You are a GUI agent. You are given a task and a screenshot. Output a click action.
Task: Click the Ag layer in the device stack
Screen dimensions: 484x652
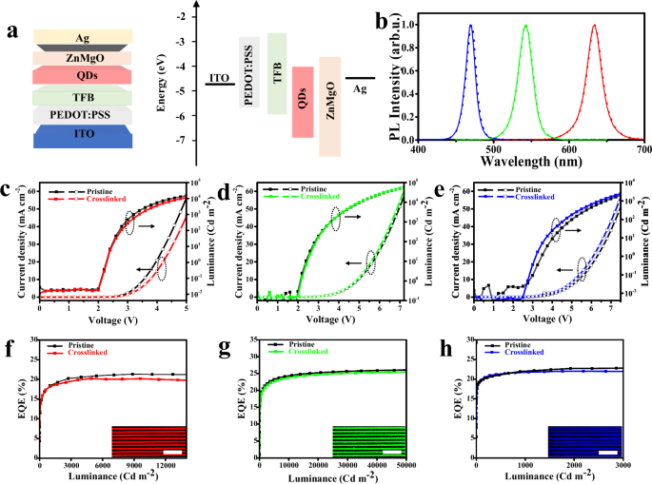85,37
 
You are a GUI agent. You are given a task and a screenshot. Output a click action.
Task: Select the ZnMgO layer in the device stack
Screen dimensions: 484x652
85,57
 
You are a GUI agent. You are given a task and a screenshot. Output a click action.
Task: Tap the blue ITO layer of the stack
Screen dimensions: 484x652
85,136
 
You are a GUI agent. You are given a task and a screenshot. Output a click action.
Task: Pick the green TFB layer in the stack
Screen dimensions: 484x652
85,95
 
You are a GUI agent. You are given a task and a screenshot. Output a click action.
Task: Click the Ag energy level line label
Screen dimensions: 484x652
359,88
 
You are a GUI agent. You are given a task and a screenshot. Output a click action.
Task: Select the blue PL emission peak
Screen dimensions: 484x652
470,27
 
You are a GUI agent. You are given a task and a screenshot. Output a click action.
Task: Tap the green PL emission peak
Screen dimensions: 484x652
525,27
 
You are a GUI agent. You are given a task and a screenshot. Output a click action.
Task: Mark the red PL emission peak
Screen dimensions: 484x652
594,27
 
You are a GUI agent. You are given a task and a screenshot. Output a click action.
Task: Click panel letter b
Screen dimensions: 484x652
382,18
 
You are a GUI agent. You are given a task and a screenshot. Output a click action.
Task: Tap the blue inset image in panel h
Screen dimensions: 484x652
584,441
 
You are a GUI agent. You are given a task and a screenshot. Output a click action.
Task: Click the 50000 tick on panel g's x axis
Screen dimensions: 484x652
409,463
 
